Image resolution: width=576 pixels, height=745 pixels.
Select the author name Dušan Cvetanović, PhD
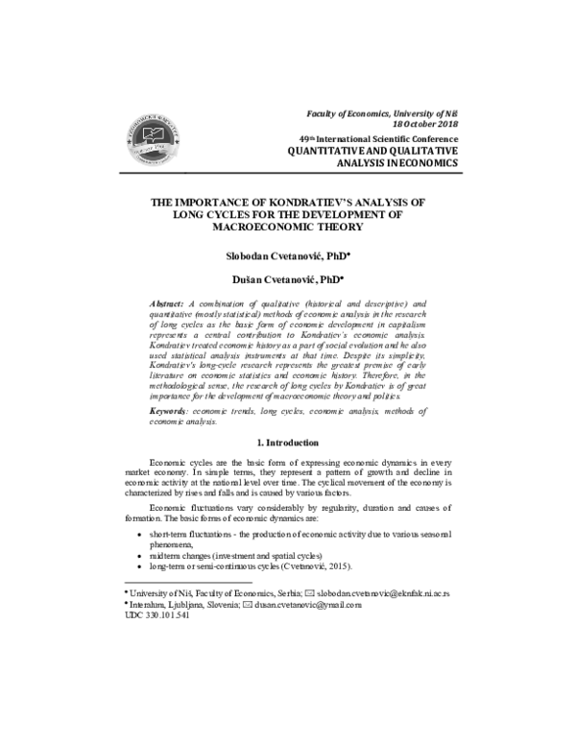tap(287, 279)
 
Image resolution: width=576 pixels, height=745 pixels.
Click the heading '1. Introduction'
tap(287, 443)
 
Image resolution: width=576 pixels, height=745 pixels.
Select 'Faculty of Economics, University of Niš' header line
tap(377, 114)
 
